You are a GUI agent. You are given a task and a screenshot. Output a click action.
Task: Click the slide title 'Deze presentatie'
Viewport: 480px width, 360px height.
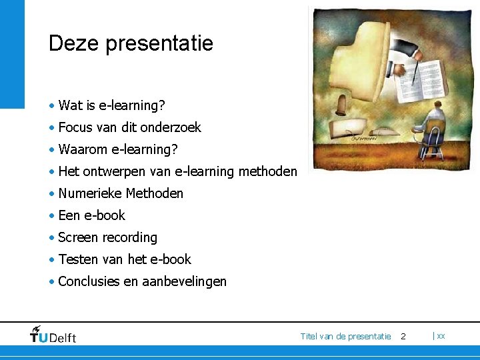pos(131,44)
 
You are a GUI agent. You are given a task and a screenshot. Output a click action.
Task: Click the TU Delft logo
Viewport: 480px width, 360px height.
pos(53,335)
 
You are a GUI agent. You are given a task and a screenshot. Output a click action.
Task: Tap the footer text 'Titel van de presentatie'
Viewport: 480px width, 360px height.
pos(345,337)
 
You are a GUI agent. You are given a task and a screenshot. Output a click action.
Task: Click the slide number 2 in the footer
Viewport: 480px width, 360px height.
pos(403,337)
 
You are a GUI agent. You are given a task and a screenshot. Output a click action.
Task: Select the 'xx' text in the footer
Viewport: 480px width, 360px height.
pos(441,336)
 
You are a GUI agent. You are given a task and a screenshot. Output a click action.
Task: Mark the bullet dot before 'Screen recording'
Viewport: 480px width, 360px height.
pos(51,238)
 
